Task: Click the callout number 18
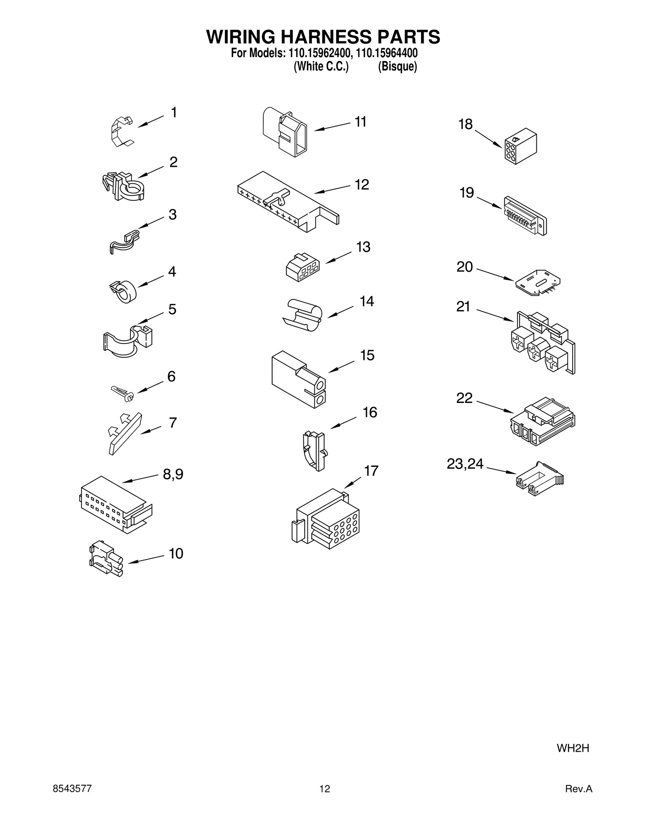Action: click(465, 124)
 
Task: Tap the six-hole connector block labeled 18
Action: click(520, 146)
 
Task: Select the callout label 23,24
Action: click(465, 464)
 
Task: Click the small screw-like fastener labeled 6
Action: click(122, 393)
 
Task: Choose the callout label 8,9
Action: click(173, 474)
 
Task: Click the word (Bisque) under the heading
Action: click(397, 66)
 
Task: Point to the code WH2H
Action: click(573, 748)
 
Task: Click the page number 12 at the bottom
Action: click(324, 789)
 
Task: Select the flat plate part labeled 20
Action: click(538, 282)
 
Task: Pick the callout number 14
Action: click(367, 301)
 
